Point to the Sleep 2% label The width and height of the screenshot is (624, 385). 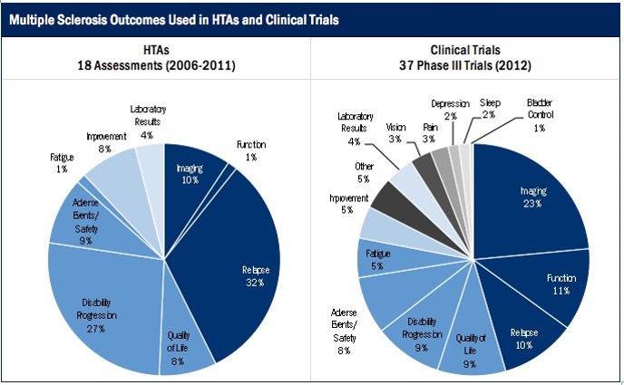(489, 109)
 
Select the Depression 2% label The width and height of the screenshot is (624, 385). (450, 110)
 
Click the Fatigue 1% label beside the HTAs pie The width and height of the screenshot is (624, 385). (62, 162)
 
